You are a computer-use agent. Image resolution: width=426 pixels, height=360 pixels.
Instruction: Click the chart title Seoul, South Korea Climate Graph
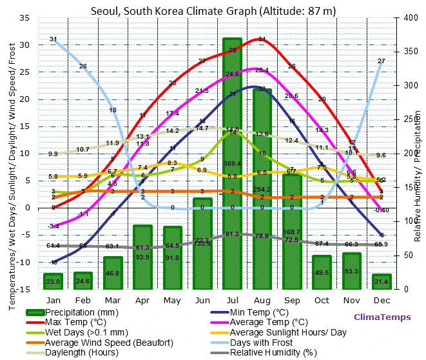tap(213, 10)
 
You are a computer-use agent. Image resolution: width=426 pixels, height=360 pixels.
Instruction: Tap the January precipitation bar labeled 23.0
tap(53, 281)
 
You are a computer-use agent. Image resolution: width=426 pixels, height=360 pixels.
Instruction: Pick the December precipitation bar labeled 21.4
tap(381, 282)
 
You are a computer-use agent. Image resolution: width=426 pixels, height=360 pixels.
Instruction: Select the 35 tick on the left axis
tap(24, 18)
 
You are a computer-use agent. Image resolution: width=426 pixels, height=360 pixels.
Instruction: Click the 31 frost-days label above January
tap(53, 39)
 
